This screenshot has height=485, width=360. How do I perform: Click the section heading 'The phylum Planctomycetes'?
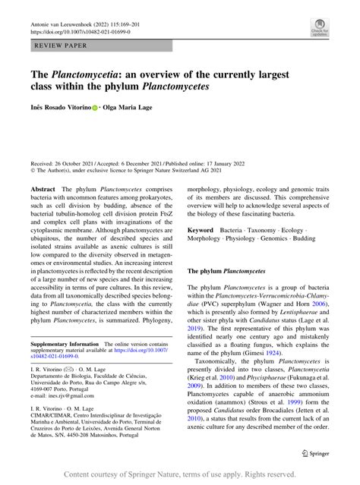tap(226, 271)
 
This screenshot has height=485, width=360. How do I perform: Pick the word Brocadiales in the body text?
tap(296, 417)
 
